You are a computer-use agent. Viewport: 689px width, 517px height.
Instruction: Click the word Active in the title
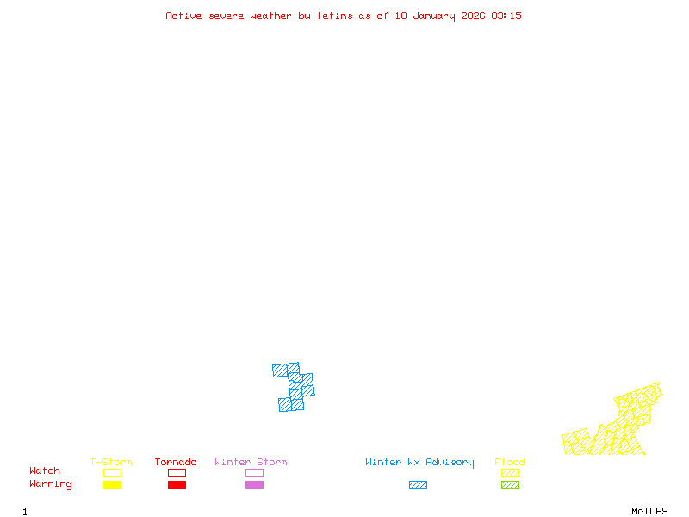point(184,16)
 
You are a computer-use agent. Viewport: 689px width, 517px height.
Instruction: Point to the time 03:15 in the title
point(506,16)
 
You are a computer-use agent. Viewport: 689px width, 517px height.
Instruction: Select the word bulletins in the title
point(325,16)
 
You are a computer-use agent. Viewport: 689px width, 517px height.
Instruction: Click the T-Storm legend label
point(111,463)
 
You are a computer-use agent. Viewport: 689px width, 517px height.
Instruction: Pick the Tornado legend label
point(176,463)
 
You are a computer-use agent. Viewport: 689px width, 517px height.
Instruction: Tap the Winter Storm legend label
point(251,463)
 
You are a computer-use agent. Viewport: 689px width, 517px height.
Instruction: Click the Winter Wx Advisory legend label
point(419,463)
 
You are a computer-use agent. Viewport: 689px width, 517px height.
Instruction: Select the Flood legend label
point(510,463)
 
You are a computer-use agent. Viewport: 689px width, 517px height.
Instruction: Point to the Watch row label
point(45,471)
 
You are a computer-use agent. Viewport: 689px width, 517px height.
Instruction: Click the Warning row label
point(51,484)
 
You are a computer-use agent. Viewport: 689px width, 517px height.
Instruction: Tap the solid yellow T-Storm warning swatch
point(112,485)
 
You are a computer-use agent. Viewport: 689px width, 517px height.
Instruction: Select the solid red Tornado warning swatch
point(177,485)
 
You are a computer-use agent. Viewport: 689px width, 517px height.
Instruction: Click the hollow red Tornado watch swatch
point(177,472)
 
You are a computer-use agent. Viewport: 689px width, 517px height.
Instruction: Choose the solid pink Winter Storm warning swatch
point(254,485)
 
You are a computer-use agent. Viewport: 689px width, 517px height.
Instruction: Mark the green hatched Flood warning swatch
point(510,485)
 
